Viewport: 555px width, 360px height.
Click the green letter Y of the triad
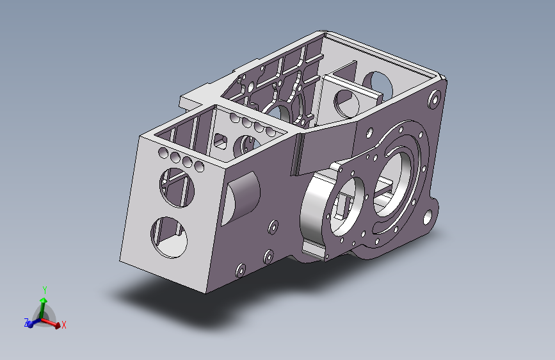[x=44, y=290]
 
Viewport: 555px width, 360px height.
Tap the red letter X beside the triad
[x=64, y=325]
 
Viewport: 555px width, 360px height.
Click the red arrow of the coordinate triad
[x=54, y=323]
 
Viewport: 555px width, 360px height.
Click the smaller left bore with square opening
[x=346, y=204]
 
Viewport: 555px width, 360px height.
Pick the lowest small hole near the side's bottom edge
[x=241, y=269]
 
